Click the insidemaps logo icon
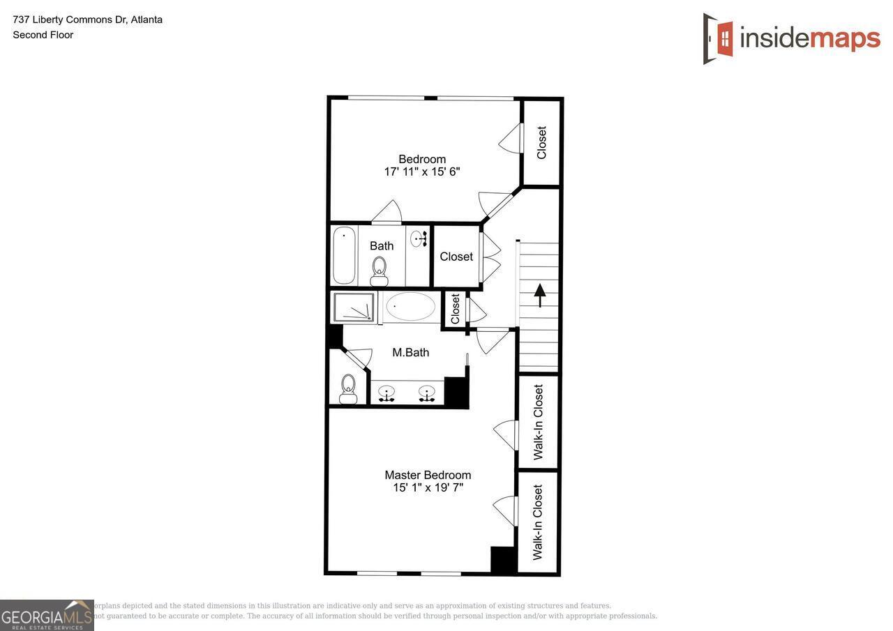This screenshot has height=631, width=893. tap(719, 38)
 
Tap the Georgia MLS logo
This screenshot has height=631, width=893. tap(47, 615)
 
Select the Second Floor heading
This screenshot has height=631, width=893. tap(43, 35)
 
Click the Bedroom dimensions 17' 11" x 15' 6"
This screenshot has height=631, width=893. tap(422, 172)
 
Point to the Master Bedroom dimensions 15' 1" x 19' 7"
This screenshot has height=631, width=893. tap(428, 488)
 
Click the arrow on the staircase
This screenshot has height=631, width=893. tap(540, 294)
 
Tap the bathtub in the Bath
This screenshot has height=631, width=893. tap(343, 255)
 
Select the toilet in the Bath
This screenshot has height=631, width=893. tap(380, 271)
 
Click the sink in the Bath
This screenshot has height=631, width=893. tap(419, 239)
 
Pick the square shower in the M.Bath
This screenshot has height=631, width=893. tap(354, 307)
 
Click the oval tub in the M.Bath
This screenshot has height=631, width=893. tap(410, 307)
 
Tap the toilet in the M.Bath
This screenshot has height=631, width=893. tap(348, 389)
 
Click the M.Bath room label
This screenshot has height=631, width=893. tap(410, 353)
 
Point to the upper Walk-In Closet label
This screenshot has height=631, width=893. tap(539, 422)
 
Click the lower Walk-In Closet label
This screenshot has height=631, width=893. tap(538, 522)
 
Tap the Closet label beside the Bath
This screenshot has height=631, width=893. tap(456, 257)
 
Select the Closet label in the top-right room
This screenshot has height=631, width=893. tap(542, 142)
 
